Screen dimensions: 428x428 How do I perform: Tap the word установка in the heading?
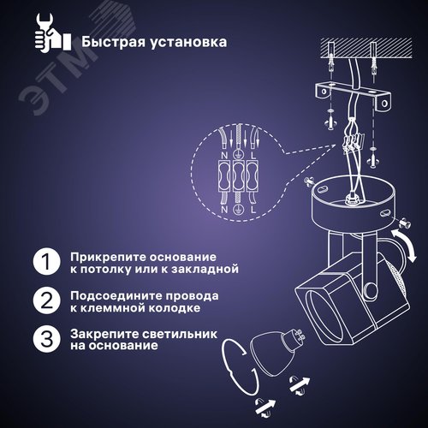(193, 40)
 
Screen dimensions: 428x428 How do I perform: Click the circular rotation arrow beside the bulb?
(236, 364)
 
